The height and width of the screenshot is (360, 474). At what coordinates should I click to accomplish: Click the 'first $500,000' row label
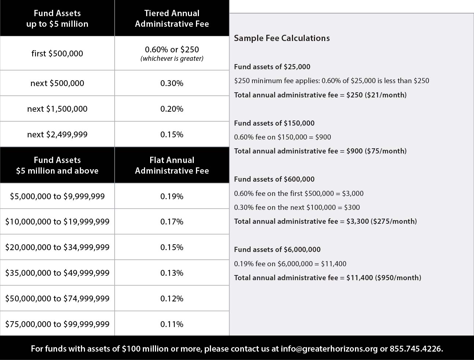(x=57, y=53)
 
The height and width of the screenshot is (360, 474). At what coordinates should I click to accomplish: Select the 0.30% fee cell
(x=172, y=83)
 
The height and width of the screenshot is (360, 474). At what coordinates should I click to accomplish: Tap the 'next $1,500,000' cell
(x=57, y=109)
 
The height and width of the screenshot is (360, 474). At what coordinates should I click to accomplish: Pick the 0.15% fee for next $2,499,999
(x=172, y=134)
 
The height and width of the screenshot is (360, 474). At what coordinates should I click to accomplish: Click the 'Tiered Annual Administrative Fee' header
(x=172, y=18)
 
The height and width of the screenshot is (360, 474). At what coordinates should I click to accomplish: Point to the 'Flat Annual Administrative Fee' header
(x=172, y=165)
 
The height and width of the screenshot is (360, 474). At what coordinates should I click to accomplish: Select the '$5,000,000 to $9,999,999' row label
(x=57, y=196)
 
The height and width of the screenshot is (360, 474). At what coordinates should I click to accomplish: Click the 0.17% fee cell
(x=172, y=222)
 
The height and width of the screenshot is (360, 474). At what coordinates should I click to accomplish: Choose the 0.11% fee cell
(x=172, y=324)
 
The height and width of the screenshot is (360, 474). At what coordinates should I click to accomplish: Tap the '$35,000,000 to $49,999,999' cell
(x=57, y=273)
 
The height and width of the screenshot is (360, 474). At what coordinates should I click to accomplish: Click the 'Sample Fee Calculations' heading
(x=282, y=38)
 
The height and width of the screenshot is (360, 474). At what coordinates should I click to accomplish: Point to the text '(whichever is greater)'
(x=172, y=59)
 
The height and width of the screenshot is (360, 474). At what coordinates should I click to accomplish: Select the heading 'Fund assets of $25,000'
(x=272, y=67)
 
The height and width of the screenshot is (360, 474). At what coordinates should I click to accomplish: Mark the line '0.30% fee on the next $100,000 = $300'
(x=297, y=207)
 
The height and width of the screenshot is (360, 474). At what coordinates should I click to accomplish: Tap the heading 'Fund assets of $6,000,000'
(x=277, y=249)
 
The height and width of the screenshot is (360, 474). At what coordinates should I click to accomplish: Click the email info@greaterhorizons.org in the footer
(x=329, y=349)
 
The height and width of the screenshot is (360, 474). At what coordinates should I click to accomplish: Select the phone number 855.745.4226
(x=416, y=349)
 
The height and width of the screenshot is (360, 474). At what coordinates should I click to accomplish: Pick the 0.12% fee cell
(x=172, y=298)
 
